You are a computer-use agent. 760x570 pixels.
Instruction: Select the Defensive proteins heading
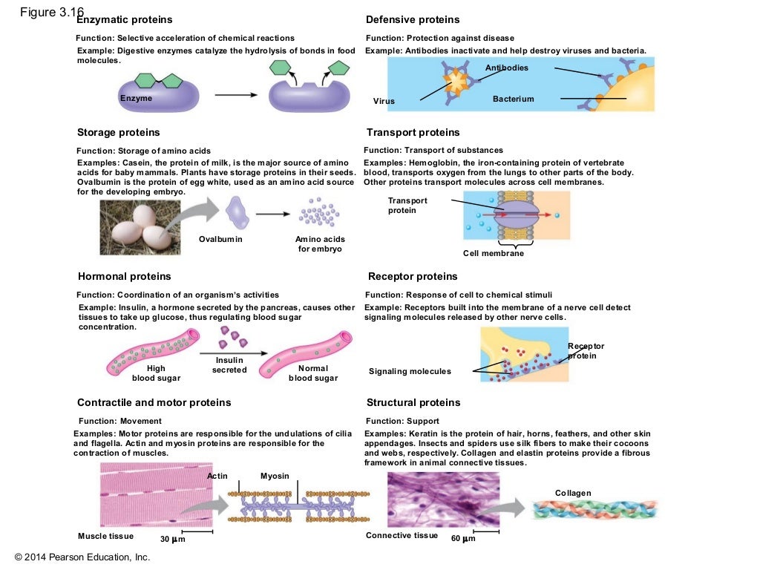coord(413,19)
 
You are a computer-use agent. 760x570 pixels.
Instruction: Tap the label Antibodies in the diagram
coord(507,68)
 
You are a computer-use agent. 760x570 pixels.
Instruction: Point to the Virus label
coord(384,101)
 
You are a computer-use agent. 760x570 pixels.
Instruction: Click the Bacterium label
coord(513,99)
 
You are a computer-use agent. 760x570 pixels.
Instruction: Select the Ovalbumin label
coord(220,240)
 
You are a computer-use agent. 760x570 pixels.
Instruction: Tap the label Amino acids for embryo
coord(320,244)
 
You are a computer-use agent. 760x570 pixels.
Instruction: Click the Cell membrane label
coord(494,253)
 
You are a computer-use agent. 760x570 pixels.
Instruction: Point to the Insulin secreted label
coord(229,365)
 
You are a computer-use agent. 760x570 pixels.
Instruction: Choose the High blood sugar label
coord(156,373)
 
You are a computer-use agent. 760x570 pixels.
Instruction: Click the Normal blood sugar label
coord(312,373)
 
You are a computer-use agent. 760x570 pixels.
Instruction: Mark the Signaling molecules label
coord(410,371)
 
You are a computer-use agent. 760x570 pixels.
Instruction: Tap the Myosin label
coord(275,476)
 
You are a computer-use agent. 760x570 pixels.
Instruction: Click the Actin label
coord(217,476)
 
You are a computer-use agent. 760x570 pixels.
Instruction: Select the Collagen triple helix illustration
coord(594,509)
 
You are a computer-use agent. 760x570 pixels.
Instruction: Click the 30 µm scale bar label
coord(172,539)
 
